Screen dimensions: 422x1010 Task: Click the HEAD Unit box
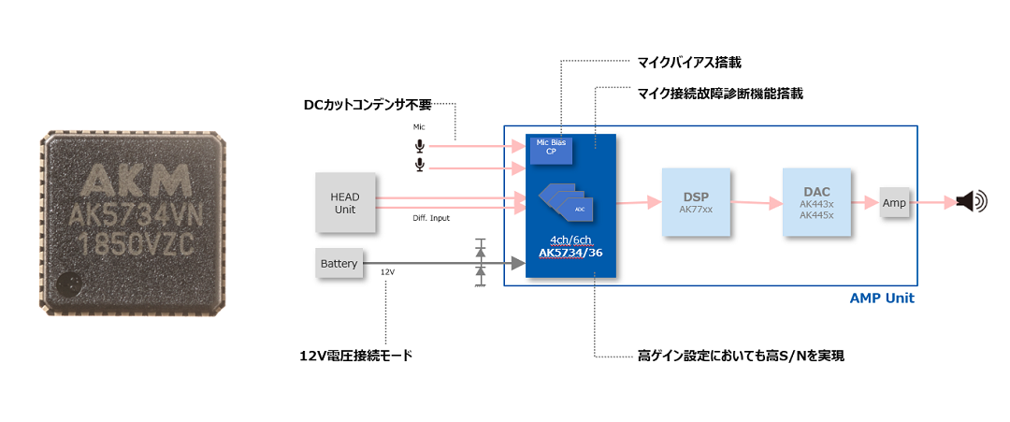(345, 202)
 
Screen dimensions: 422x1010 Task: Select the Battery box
(339, 264)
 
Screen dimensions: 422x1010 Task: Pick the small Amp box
(894, 202)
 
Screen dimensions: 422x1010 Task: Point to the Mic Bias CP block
(551, 147)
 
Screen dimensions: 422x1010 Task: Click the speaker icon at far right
(972, 201)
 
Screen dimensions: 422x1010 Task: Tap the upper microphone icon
(420, 146)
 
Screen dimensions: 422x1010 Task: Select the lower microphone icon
(420, 165)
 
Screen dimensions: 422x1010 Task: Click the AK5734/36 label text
(570, 253)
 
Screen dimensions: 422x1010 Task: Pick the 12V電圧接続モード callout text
(355, 356)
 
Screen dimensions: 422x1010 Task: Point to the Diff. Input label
(431, 218)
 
